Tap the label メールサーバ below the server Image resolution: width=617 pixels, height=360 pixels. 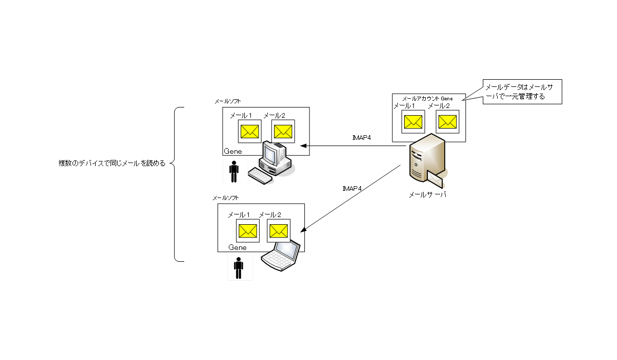pyautogui.click(x=427, y=195)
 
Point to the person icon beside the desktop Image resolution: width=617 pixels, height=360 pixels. pyautogui.click(x=234, y=172)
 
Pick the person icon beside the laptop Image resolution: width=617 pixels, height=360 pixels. pyautogui.click(x=238, y=268)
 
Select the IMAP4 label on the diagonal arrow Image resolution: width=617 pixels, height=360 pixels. pyautogui.click(x=352, y=189)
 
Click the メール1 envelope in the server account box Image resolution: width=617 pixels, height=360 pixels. pyautogui.click(x=413, y=122)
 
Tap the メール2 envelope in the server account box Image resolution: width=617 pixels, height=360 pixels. pyautogui.click(x=447, y=122)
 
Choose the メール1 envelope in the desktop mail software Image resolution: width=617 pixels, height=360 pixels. pyautogui.click(x=249, y=132)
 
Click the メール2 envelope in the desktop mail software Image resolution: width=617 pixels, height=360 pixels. pyautogui.click(x=282, y=132)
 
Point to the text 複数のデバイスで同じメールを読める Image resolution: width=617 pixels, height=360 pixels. pyautogui.click(x=112, y=164)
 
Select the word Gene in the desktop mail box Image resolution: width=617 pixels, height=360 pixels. pyautogui.click(x=232, y=151)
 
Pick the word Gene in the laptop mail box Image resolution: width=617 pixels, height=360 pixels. pyautogui.click(x=238, y=247)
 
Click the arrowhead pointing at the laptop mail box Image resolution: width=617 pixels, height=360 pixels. pyautogui.click(x=303, y=230)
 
